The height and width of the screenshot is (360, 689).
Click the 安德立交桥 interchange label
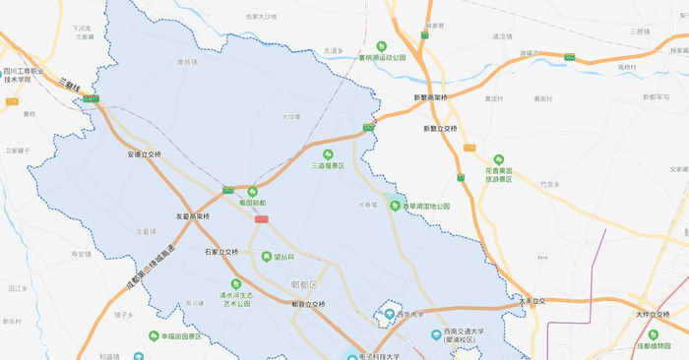click(144, 154)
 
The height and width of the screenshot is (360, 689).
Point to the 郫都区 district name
click(305, 284)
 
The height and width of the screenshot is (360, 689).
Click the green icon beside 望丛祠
click(267, 257)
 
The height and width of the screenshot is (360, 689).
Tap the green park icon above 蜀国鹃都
click(253, 192)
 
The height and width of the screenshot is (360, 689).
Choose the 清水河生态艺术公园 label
click(236, 299)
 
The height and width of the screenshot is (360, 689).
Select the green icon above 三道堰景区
click(329, 153)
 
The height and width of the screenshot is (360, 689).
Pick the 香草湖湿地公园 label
click(425, 207)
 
